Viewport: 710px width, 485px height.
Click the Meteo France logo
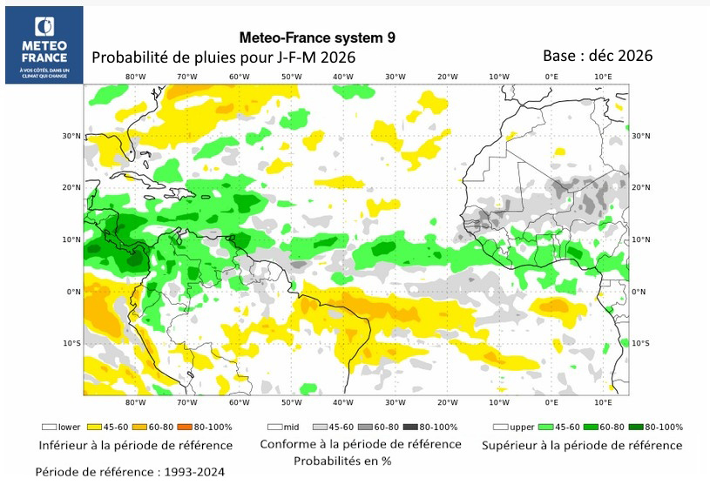tap(44, 44)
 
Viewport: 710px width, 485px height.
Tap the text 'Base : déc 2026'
tap(598, 55)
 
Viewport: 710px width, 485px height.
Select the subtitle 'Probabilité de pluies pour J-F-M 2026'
tap(224, 57)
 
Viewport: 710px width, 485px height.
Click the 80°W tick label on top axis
tap(135, 77)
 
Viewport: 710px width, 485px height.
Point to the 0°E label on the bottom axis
tap(551, 402)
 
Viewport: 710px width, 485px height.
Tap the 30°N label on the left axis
tap(71, 136)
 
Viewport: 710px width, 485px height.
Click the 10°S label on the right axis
tap(641, 343)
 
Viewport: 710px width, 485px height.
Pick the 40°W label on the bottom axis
tap(343, 402)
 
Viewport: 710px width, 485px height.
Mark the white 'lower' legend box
tap(49, 428)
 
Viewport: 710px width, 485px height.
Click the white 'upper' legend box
tap(501, 428)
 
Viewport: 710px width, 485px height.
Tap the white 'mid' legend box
tap(274, 428)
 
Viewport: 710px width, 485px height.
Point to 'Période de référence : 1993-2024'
tap(130, 472)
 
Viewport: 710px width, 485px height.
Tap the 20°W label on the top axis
tap(448, 77)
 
